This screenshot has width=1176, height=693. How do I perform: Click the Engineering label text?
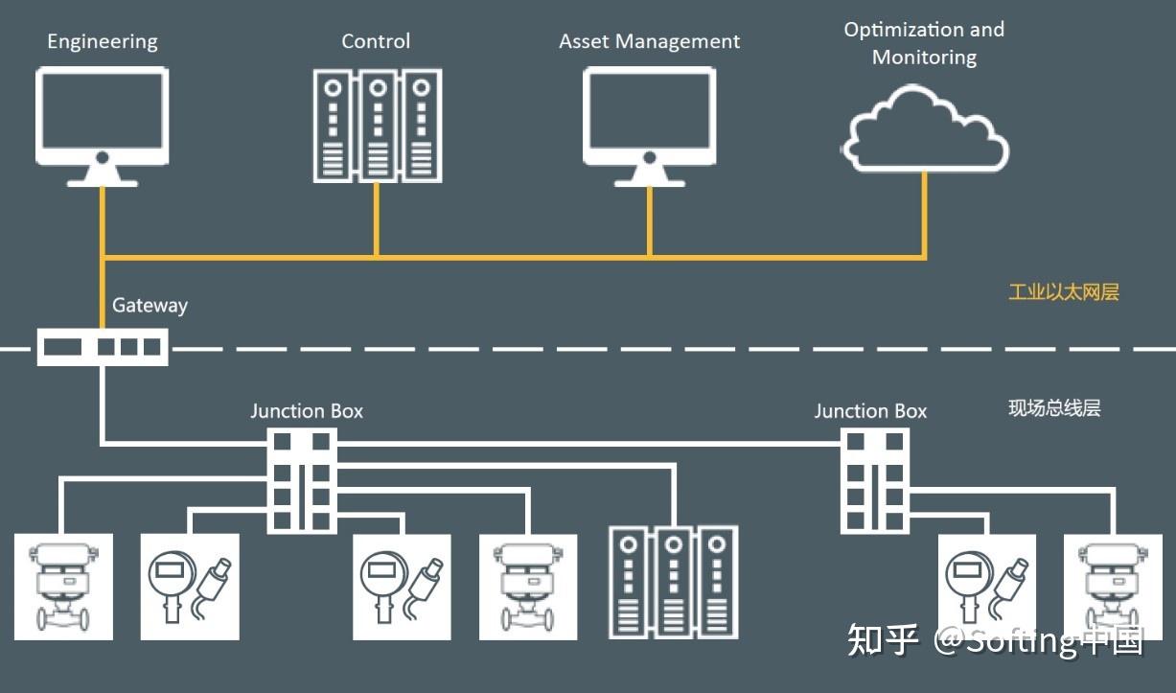pyautogui.click(x=103, y=42)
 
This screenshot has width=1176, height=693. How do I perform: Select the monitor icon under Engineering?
pyautogui.click(x=103, y=123)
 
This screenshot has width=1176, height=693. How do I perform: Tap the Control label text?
pyautogui.click(x=376, y=41)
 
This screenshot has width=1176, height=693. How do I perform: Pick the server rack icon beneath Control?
pyautogui.click(x=377, y=125)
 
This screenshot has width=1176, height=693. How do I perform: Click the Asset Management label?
pyautogui.click(x=649, y=42)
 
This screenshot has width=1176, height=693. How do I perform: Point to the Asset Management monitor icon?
pyautogui.click(x=650, y=123)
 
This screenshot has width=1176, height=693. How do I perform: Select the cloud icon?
pyautogui.click(x=925, y=127)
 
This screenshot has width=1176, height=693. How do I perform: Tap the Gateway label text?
pyautogui.click(x=150, y=306)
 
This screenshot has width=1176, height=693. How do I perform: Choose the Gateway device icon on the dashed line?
pyautogui.click(x=103, y=346)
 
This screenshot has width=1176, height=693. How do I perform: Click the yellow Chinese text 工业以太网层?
pyautogui.click(x=1063, y=292)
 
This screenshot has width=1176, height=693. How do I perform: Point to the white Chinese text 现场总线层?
pyautogui.click(x=1054, y=408)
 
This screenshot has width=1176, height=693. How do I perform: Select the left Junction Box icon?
pyautogui.click(x=302, y=479)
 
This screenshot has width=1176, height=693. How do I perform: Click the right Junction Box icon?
pyautogui.click(x=874, y=479)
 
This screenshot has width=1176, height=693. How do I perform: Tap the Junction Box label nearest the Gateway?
pyautogui.click(x=307, y=411)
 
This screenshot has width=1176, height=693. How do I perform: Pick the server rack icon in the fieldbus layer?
pyautogui.click(x=673, y=582)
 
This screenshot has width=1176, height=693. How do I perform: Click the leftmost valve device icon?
pyautogui.click(x=63, y=587)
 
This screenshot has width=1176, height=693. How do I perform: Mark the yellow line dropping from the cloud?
pyautogui.click(x=925, y=216)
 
